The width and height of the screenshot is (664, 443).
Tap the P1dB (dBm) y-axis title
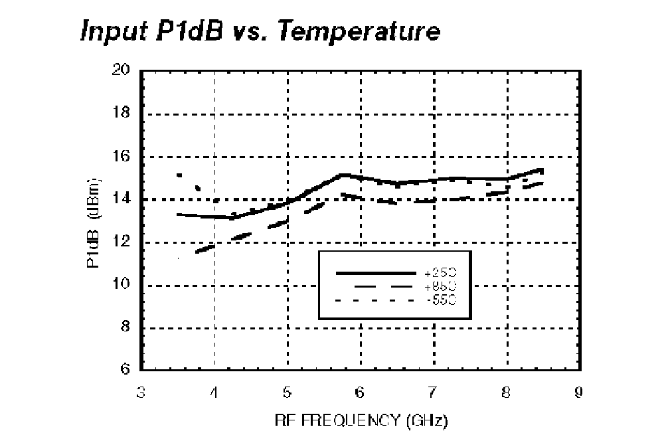(x=92, y=222)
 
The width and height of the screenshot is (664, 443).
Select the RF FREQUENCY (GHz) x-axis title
(x=360, y=420)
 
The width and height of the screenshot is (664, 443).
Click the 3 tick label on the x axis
(x=141, y=393)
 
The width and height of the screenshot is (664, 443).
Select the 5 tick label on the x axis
(x=288, y=393)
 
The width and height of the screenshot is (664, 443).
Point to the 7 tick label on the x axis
(x=434, y=393)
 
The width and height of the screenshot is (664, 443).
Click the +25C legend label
(x=440, y=273)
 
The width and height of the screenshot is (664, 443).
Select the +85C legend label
(x=440, y=286)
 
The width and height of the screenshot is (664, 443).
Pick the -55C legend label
(x=440, y=300)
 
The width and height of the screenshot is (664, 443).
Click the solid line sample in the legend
(x=373, y=273)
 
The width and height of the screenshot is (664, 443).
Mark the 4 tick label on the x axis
(x=214, y=393)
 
